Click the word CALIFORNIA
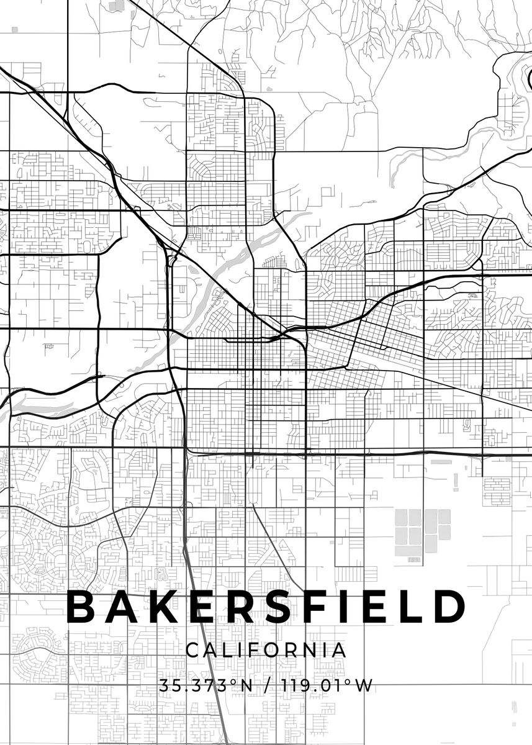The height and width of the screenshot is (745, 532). pyautogui.click(x=266, y=650)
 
